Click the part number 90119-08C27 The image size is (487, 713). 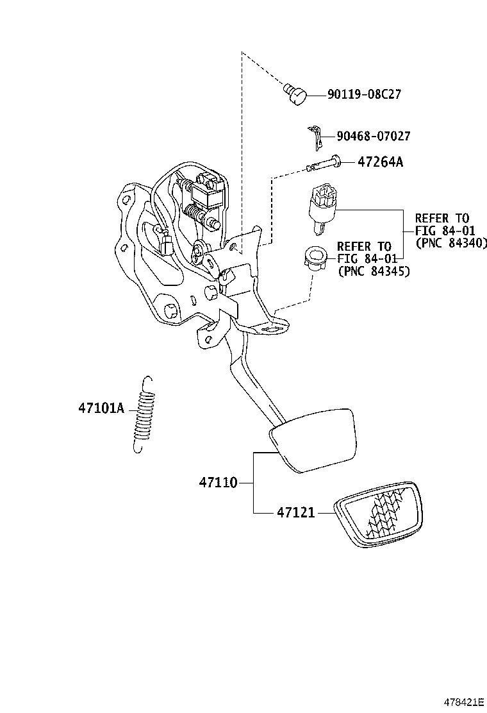364,95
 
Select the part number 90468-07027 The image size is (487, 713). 368,136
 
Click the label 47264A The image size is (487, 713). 380,162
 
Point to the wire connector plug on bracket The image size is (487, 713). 167,246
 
